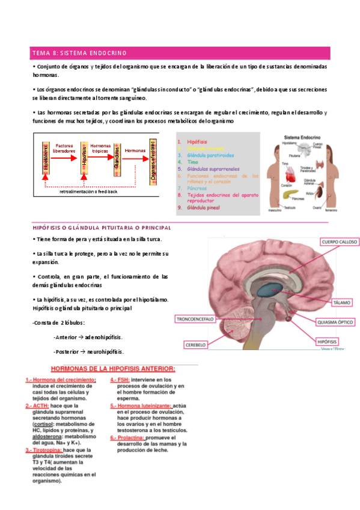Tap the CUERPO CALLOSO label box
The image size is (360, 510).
(x=340, y=243)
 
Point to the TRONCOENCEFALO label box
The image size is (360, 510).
(x=195, y=319)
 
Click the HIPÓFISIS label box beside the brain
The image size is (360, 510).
(x=330, y=341)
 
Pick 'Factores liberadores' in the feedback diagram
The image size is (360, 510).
(x=64, y=149)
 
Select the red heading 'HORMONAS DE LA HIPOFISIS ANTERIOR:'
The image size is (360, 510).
(x=112, y=369)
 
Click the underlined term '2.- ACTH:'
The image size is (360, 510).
(x=37, y=406)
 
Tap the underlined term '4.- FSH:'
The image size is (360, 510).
(x=120, y=380)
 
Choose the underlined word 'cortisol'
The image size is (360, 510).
(x=40, y=425)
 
